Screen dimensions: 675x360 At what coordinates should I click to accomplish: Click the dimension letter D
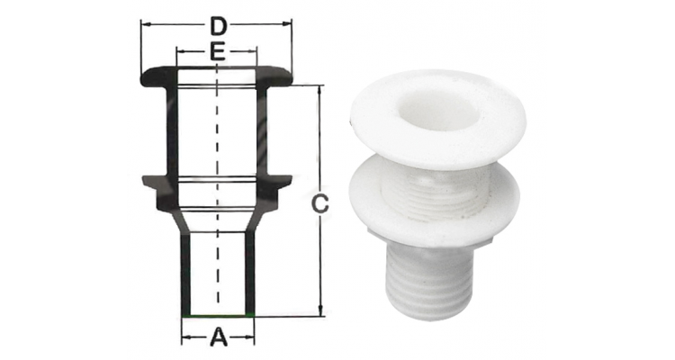click(x=219, y=27)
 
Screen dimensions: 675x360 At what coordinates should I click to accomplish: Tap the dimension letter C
click(x=319, y=203)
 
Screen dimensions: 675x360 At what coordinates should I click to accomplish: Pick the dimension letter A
click(x=219, y=337)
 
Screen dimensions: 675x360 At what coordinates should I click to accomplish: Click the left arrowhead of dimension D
click(x=146, y=24)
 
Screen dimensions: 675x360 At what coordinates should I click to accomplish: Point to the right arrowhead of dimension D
click(x=288, y=24)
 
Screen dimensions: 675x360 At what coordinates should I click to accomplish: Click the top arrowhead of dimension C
click(x=319, y=90)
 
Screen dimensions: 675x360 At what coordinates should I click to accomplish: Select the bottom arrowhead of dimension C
click(x=319, y=311)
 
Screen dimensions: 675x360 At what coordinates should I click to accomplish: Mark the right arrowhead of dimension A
click(x=249, y=337)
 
